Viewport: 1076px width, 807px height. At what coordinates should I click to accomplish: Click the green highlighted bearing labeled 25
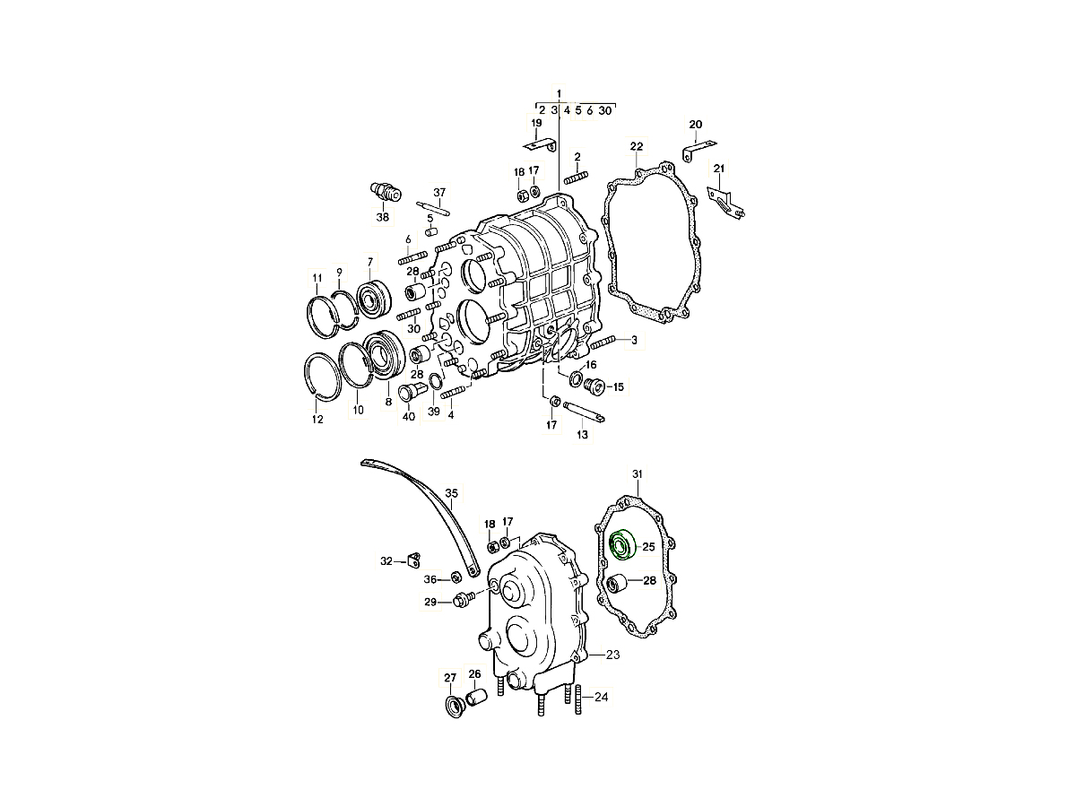622,544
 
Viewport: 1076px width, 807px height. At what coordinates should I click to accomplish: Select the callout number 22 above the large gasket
637,146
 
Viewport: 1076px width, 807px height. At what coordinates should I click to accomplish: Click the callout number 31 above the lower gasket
638,473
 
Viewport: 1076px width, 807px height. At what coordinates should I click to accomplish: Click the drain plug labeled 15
595,386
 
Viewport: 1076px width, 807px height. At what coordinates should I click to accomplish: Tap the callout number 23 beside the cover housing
612,655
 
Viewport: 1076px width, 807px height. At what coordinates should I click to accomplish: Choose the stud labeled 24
578,699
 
